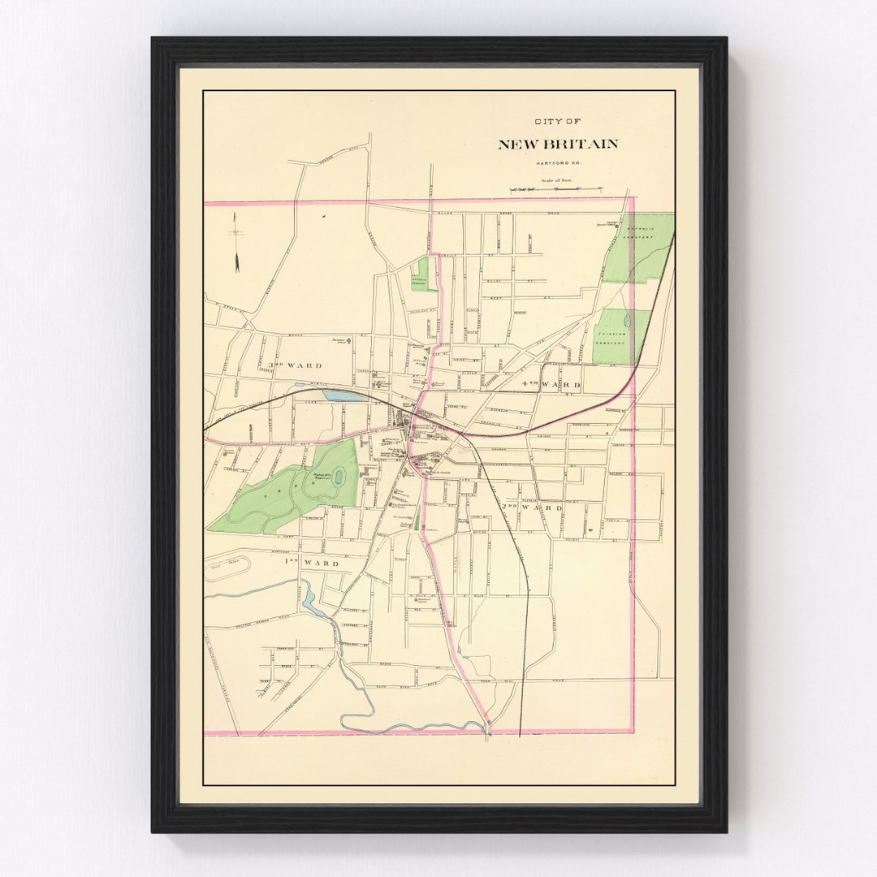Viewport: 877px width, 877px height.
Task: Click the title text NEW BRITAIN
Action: tap(557, 145)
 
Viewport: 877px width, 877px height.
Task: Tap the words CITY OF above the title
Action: tap(557, 122)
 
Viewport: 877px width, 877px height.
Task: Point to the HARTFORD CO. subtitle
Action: tap(557, 164)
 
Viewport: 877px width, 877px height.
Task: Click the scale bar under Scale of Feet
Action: tap(556, 189)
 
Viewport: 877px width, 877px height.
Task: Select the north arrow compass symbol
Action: tap(236, 242)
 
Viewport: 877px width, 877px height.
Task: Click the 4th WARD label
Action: tap(551, 384)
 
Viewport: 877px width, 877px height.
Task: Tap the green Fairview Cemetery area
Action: tap(620, 335)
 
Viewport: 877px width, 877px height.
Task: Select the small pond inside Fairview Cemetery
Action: tap(626, 321)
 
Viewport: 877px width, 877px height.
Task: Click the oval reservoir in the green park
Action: tap(338, 477)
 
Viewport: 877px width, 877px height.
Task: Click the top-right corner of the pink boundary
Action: tap(633, 198)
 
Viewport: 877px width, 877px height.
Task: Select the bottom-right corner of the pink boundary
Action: tap(633, 732)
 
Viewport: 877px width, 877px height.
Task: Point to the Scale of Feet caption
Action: tap(557, 180)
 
